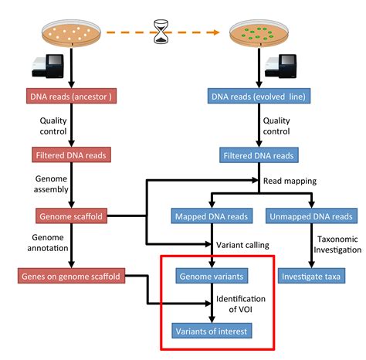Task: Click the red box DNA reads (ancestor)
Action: [72, 97]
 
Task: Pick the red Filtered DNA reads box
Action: [72, 155]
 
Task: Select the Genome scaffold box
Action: [72, 216]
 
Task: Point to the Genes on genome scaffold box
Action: [72, 275]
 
